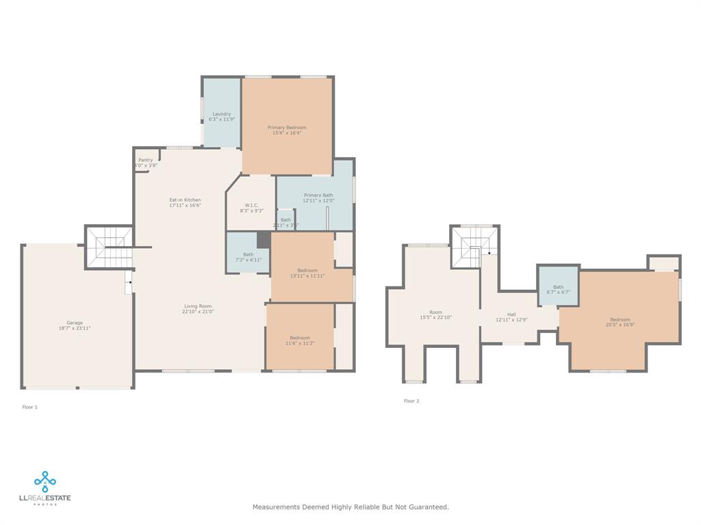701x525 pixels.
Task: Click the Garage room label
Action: click(75, 323)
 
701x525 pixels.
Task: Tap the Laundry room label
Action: click(222, 114)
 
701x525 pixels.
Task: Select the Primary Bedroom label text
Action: click(287, 127)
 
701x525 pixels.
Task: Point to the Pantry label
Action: click(146, 160)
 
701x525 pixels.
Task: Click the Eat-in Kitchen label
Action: click(185, 200)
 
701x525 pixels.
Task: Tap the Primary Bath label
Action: click(318, 196)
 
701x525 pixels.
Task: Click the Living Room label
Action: click(198, 306)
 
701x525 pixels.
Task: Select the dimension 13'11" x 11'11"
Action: click(307, 276)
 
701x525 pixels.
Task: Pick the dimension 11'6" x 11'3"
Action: click(300, 343)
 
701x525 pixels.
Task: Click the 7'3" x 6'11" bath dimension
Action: click(248, 260)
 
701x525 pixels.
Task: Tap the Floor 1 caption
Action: click(30, 407)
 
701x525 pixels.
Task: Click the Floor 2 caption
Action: click(411, 401)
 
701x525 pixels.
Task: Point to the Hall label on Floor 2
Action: click(511, 314)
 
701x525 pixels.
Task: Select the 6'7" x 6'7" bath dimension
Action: click(559, 292)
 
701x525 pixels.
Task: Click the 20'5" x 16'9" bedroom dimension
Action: click(620, 325)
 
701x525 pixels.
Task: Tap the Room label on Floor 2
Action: click(436, 312)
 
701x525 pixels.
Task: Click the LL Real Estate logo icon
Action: click(45, 481)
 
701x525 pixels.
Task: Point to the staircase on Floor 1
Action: click(108, 247)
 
